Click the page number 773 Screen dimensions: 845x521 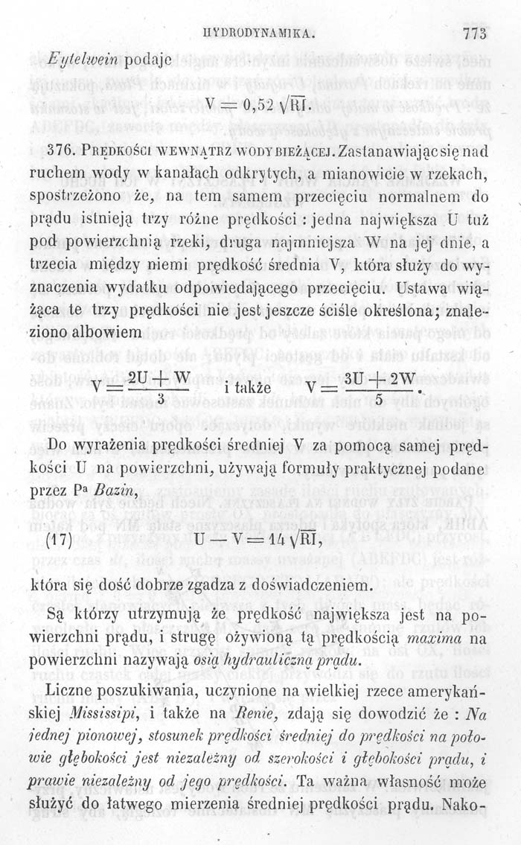pos(473,34)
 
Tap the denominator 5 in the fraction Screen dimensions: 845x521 pos(379,401)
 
